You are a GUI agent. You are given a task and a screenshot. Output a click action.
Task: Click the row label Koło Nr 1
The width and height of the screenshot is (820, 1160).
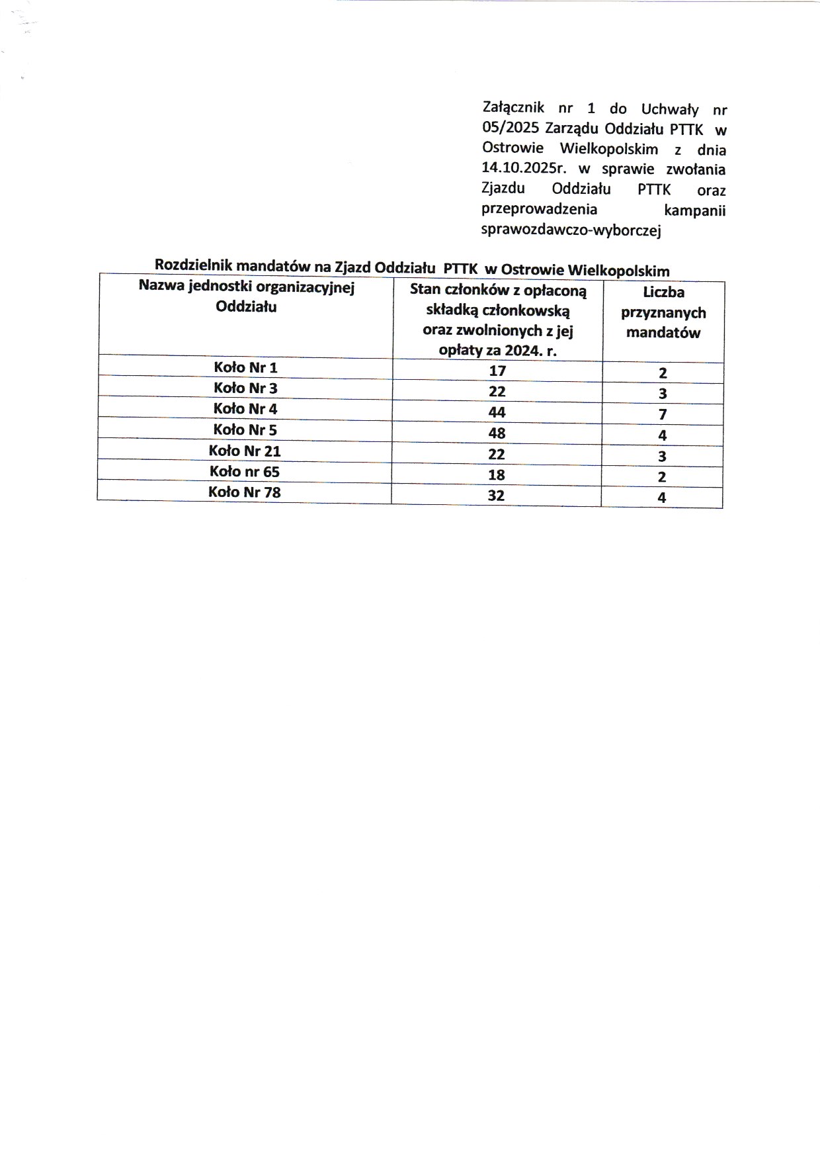click(x=245, y=367)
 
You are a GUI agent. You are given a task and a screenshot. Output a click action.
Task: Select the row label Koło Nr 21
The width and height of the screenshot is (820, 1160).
click(x=245, y=451)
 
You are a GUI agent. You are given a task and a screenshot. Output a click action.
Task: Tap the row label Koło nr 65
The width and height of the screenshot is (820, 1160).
click(x=245, y=472)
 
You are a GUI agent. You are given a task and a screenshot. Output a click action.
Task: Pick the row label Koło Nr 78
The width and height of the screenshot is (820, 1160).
click(x=245, y=492)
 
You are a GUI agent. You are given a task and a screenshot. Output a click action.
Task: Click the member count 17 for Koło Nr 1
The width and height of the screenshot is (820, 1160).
click(x=497, y=371)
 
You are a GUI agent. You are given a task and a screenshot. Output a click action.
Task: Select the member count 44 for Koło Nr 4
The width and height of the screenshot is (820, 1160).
click(x=497, y=412)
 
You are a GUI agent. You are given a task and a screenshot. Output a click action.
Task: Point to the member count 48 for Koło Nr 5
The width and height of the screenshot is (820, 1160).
click(x=497, y=433)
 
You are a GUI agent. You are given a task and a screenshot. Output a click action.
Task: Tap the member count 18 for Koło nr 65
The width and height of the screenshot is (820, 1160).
click(x=497, y=474)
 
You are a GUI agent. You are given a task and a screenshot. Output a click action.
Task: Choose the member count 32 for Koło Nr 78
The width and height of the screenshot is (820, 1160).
click(x=497, y=495)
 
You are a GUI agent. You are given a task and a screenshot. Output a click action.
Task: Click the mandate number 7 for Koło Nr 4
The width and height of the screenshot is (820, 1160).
click(x=663, y=415)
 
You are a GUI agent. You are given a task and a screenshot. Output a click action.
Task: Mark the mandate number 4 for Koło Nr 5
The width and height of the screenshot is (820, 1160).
click(x=663, y=435)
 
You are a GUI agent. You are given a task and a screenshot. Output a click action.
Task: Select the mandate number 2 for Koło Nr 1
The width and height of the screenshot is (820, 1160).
click(x=663, y=373)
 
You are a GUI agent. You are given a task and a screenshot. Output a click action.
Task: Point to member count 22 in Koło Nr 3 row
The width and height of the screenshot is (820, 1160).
click(x=497, y=392)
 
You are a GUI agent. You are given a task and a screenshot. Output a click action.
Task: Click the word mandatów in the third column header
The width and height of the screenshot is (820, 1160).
click(x=663, y=332)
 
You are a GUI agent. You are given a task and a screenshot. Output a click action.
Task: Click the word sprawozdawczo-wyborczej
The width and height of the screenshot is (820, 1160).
click(x=572, y=230)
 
